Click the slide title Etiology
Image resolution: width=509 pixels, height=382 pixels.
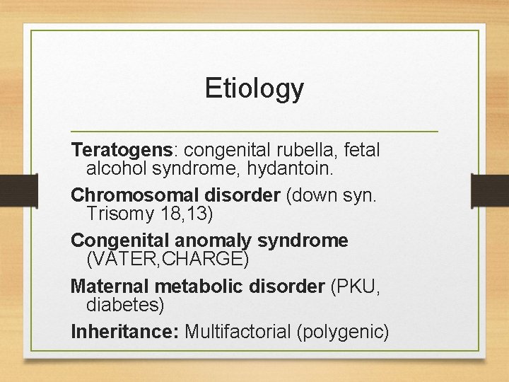(255, 88)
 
